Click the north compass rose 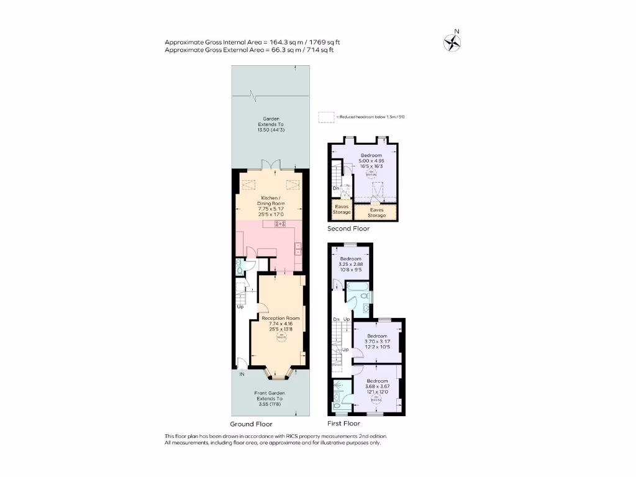pyautogui.click(x=452, y=42)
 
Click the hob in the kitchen pyautogui.click(x=280, y=224)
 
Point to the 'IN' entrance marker pyautogui.click(x=241, y=374)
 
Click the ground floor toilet pyautogui.click(x=240, y=267)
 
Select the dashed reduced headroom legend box pyautogui.click(x=326, y=117)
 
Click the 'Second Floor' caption pyautogui.click(x=348, y=229)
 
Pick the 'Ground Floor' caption pyautogui.click(x=252, y=424)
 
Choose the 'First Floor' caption pyautogui.click(x=343, y=424)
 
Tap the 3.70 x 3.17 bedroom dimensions pyautogui.click(x=376, y=342)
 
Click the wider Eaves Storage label pyautogui.click(x=376, y=212)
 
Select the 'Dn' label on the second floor pyautogui.click(x=336, y=188)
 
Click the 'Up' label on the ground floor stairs pyautogui.click(x=240, y=307)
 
